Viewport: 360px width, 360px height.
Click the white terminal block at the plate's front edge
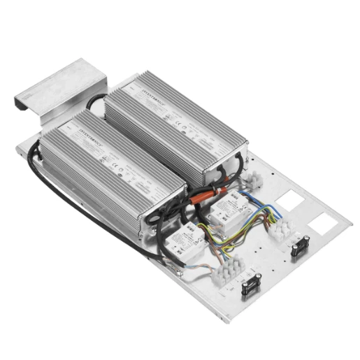(231, 269)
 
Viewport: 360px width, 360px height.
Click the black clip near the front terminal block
(250, 286)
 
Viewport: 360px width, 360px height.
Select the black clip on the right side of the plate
(301, 247)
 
